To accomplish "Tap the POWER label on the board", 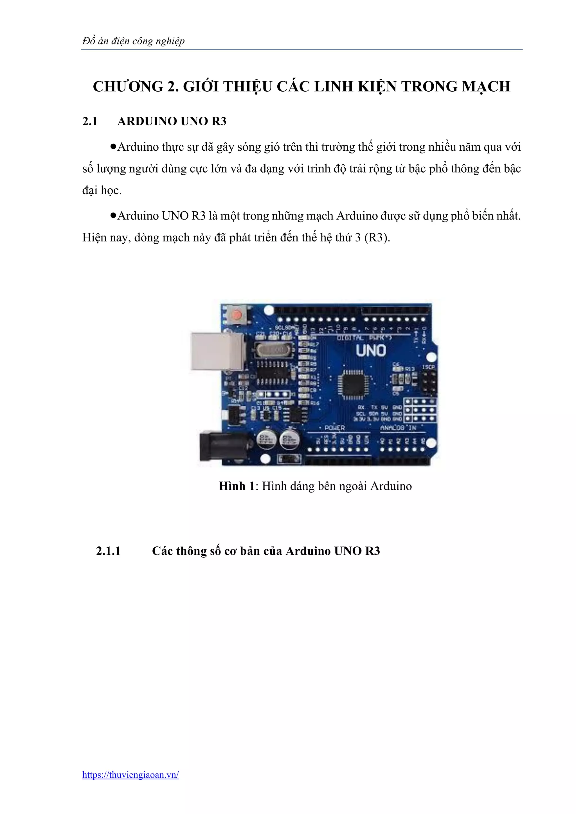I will click(x=334, y=428).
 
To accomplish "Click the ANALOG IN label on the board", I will click(x=398, y=428).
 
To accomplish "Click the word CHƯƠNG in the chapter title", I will click(x=128, y=87).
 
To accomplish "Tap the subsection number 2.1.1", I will click(x=108, y=551).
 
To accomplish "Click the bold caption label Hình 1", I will click(x=237, y=486).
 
